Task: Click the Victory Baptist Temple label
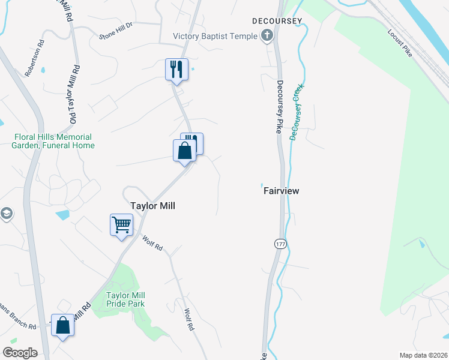[215, 37]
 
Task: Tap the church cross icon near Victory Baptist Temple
[267, 37]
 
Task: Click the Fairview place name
[281, 191]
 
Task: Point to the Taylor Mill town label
[152, 205]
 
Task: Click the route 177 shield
[280, 244]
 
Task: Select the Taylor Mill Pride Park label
[125, 299]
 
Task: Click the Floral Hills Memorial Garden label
[55, 140]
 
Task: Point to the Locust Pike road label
[400, 43]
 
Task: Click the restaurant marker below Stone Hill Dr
[176, 69]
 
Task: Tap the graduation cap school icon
[5, 214]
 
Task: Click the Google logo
[20, 353]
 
